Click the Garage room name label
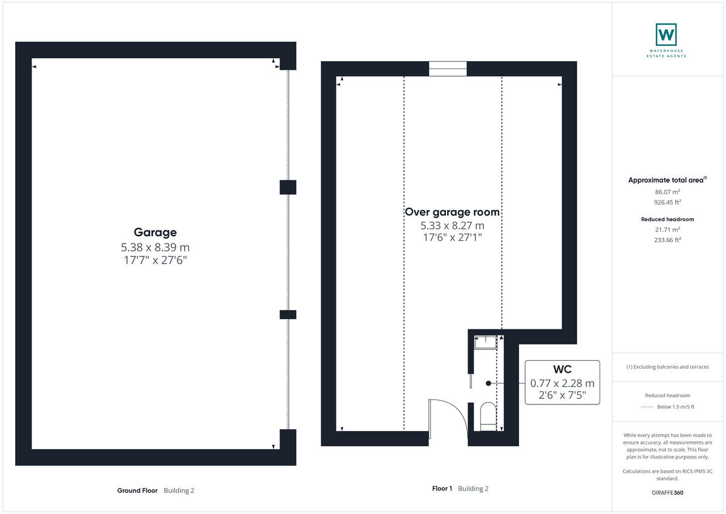pyautogui.click(x=155, y=232)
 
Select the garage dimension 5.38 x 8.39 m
pyautogui.click(x=155, y=248)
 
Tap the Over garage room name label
pyautogui.click(x=452, y=212)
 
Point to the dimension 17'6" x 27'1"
pyautogui.click(x=452, y=238)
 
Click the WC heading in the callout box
pyautogui.click(x=562, y=369)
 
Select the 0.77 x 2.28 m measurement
pyautogui.click(x=562, y=383)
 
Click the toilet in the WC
pyautogui.click(x=488, y=418)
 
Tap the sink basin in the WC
pyautogui.click(x=485, y=343)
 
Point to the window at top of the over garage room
pyautogui.click(x=448, y=69)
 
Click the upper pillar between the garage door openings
pyautogui.click(x=288, y=187)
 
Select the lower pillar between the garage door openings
pyautogui.click(x=288, y=314)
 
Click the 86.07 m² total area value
pyautogui.click(x=667, y=191)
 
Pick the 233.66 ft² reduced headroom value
pyautogui.click(x=667, y=240)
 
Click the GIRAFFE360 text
pyautogui.click(x=667, y=493)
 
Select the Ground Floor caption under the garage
pyautogui.click(x=137, y=490)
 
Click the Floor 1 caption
pyautogui.click(x=442, y=489)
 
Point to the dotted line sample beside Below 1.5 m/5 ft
pyautogui.click(x=647, y=407)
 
